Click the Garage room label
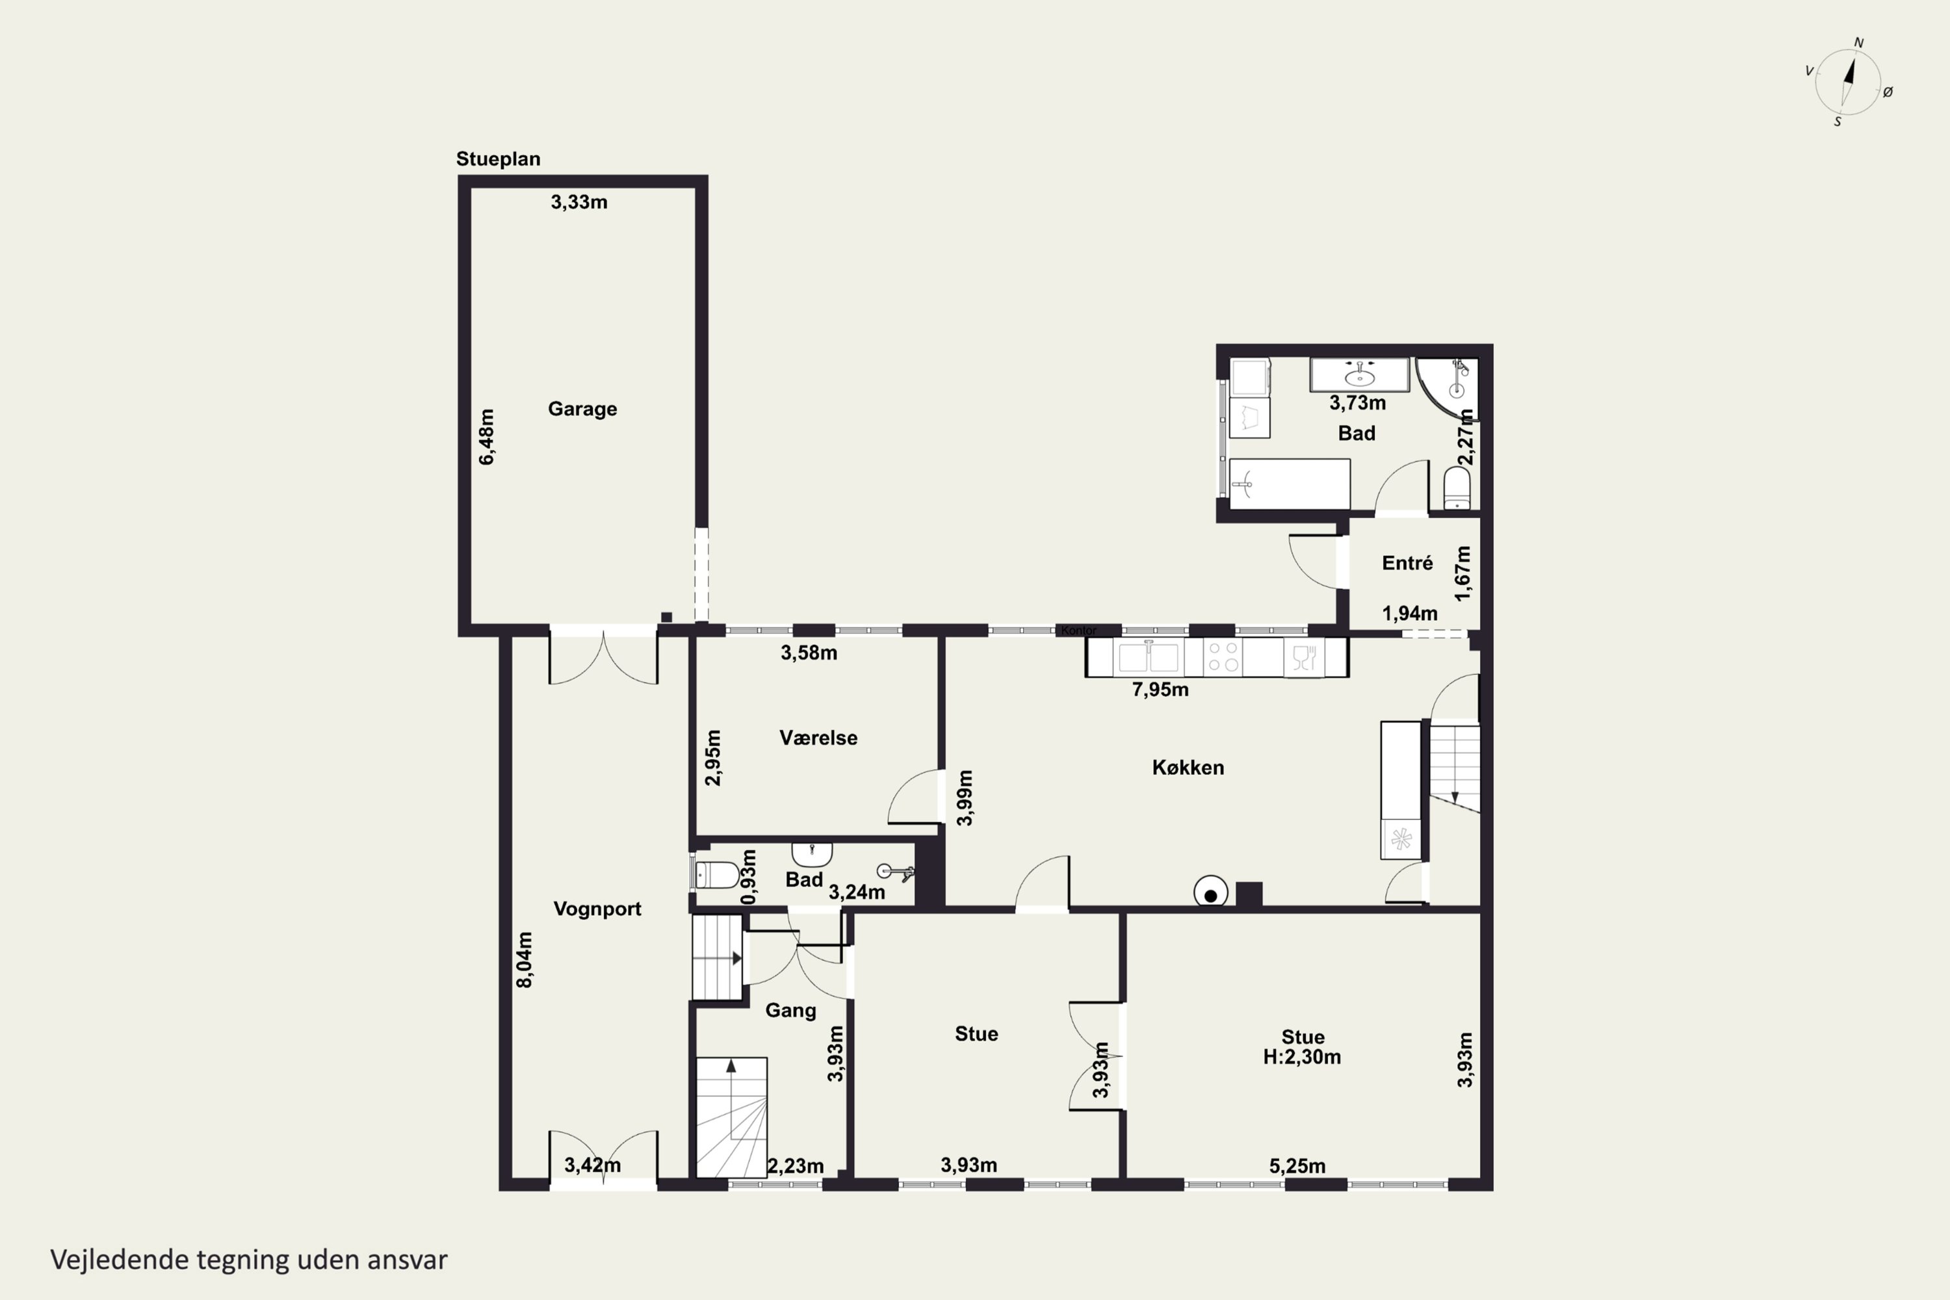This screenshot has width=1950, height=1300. pyautogui.click(x=582, y=409)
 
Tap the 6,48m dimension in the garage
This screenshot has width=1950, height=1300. pyautogui.click(x=487, y=437)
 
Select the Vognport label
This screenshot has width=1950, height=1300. pyautogui.click(x=597, y=909)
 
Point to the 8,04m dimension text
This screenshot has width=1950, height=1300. pyautogui.click(x=525, y=959)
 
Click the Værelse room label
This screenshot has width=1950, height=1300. pyautogui.click(x=818, y=738)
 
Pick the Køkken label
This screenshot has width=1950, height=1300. pyautogui.click(x=1188, y=768)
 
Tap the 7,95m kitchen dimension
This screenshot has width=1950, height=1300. pyautogui.click(x=1160, y=690)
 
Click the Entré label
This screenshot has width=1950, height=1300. pyautogui.click(x=1407, y=563)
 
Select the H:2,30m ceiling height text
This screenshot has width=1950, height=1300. pyautogui.click(x=1302, y=1057)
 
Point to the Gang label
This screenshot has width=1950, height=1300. pyautogui.click(x=790, y=1011)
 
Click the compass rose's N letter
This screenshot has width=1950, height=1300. pyautogui.click(x=1859, y=43)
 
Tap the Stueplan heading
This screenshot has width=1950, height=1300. pyautogui.click(x=499, y=159)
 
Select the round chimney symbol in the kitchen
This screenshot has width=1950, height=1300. pyautogui.click(x=1210, y=893)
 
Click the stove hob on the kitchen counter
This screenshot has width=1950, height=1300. pyautogui.click(x=1223, y=657)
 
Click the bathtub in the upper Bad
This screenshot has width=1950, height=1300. pyautogui.click(x=1289, y=484)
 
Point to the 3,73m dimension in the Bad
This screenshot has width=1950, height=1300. pyautogui.click(x=1357, y=403)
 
